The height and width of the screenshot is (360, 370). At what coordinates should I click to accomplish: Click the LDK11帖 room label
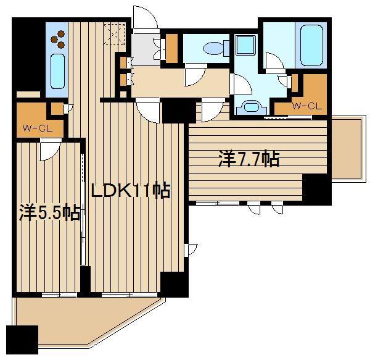[131, 191]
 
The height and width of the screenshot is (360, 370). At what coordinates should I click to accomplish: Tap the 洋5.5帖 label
[49, 213]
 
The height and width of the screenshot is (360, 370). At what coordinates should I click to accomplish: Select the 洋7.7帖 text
[248, 159]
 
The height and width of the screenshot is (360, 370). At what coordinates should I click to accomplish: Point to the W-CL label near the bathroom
[306, 106]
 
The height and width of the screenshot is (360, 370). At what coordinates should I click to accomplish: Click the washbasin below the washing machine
[251, 107]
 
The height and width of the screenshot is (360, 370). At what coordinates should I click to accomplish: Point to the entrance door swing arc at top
[144, 17]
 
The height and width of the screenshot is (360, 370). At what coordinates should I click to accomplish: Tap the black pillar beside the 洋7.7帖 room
[316, 189]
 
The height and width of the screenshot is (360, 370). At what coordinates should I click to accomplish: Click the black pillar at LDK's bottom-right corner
[172, 283]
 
